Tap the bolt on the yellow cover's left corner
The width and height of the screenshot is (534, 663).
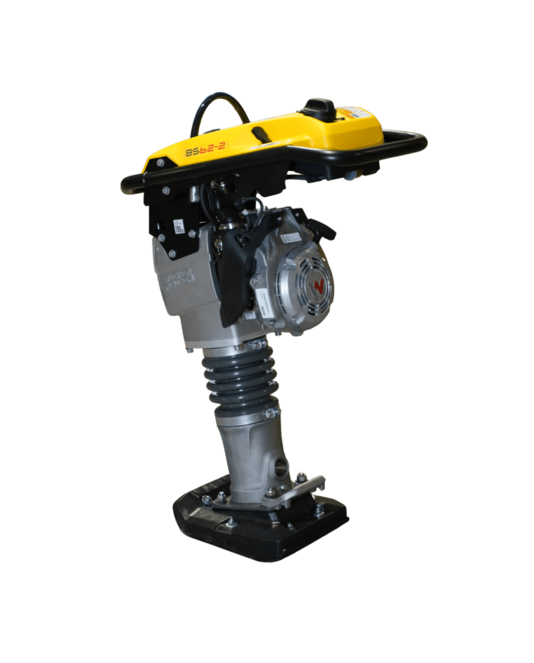tap(160, 163)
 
